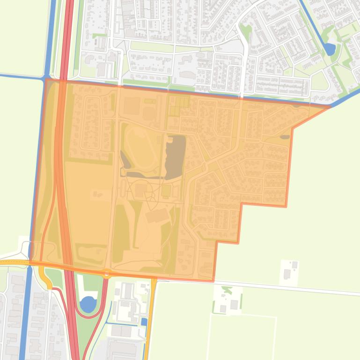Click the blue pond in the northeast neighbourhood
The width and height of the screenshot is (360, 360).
pyautogui.click(x=330, y=49)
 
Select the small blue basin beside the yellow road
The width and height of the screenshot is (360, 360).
pyautogui.click(x=144, y=322)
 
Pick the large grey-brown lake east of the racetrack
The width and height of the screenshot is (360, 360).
pyautogui.click(x=175, y=156)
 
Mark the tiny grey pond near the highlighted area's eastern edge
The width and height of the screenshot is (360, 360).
pyautogui.click(x=285, y=137)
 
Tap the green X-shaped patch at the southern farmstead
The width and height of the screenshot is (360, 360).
pyautogui.click(x=227, y=290)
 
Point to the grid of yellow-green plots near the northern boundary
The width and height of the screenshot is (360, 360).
pyautogui.click(x=179, y=105)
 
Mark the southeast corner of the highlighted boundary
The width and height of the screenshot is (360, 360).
pyautogui.click(x=214, y=281)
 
